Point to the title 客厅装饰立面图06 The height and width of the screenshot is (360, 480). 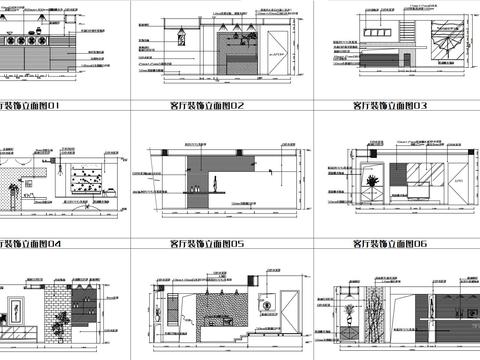[390, 243]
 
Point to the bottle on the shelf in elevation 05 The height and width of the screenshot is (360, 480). [213, 184]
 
